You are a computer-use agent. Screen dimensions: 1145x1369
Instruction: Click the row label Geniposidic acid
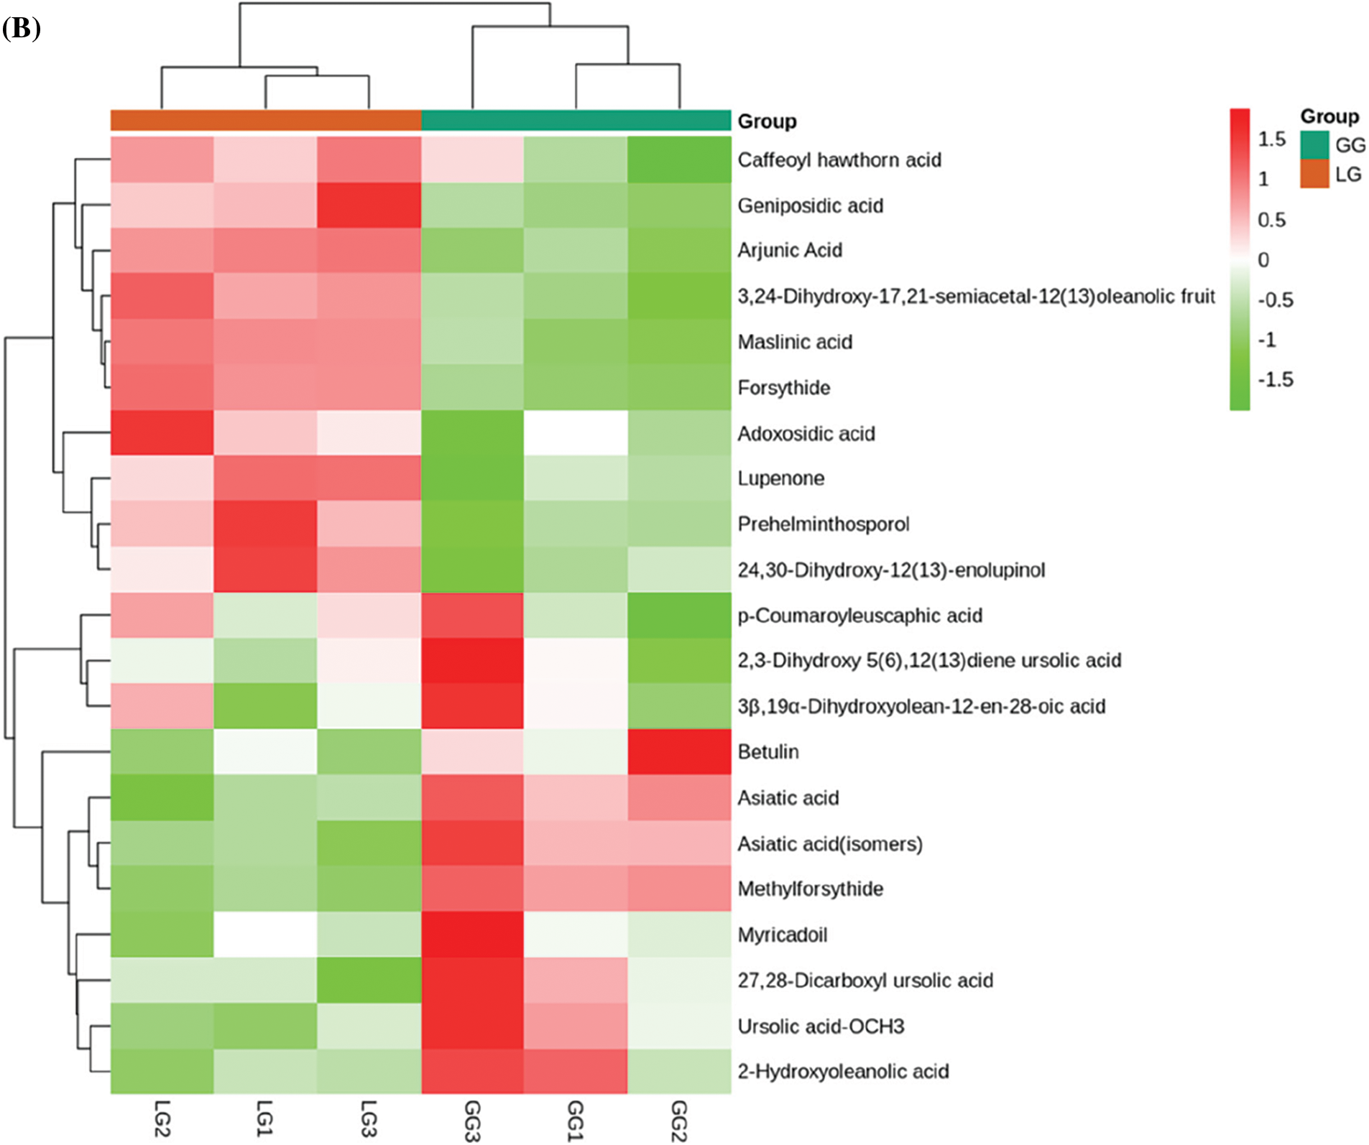point(810,206)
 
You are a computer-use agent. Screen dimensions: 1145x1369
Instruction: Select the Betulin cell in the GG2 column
point(679,752)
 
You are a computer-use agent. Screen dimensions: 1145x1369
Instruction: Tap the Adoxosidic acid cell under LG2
point(162,433)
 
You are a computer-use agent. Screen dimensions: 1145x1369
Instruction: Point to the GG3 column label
point(472,1120)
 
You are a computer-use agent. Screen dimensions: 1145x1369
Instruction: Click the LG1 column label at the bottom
point(265,1118)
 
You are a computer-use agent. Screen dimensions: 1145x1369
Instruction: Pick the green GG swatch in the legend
point(1314,145)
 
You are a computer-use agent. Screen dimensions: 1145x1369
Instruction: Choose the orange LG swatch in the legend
point(1314,175)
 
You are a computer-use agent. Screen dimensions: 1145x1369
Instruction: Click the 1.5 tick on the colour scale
point(1271,139)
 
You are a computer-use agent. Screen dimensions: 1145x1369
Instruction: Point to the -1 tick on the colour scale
point(1267,340)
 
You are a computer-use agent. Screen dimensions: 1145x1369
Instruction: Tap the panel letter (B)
point(21,29)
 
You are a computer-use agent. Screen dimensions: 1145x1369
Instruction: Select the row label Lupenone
point(780,478)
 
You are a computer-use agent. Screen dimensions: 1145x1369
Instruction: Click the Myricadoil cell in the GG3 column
point(472,935)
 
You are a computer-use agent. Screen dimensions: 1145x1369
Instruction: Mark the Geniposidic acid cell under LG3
point(369,206)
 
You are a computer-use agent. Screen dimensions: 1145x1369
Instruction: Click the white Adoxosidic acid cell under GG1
point(576,433)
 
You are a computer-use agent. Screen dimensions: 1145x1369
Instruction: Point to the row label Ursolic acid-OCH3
point(821,1026)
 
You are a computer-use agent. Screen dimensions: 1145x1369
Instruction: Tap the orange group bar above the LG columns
point(265,120)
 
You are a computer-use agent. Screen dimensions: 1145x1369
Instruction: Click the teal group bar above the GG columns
point(576,120)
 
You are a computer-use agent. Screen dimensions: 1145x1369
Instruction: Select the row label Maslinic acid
point(795,342)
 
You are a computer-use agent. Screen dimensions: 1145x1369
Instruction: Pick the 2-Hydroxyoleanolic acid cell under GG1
point(576,1071)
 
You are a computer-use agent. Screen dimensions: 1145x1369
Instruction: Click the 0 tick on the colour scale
point(1263,260)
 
